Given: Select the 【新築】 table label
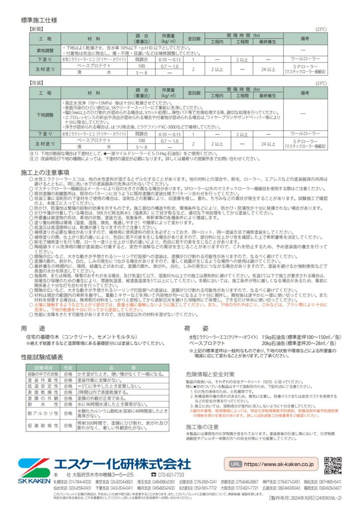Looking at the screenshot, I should coord(37,30).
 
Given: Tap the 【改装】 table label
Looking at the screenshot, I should coord(37,84).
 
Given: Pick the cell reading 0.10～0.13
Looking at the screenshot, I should coord(169,59).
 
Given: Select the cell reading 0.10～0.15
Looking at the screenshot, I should coord(169,134).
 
